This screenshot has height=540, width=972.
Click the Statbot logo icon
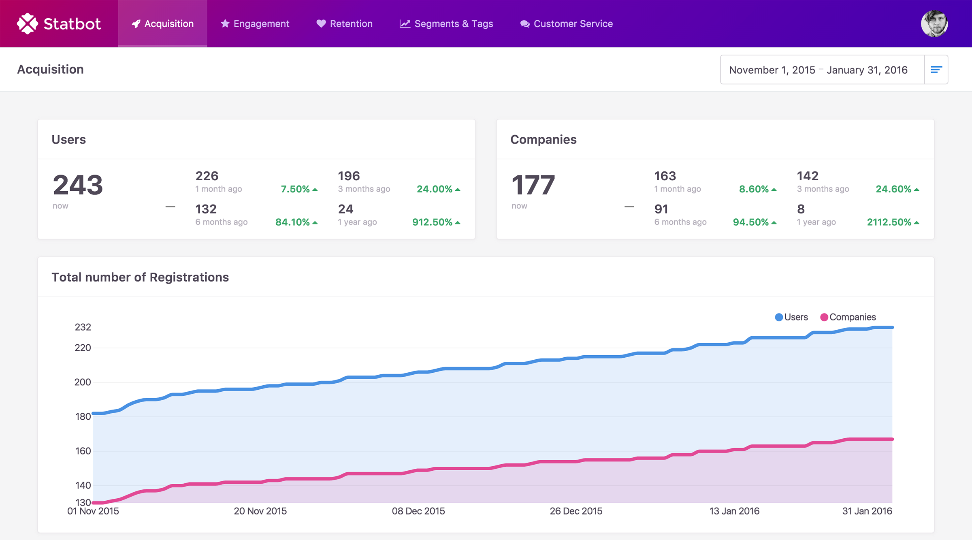pos(27,23)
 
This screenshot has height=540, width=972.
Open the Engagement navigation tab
pos(255,23)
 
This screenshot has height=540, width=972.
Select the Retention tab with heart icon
pos(344,23)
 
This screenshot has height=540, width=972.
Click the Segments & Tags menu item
pos(446,23)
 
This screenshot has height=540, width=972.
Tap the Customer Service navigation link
pos(567,23)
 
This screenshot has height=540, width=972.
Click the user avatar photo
pos(934,23)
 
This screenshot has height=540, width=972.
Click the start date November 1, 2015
pos(772,70)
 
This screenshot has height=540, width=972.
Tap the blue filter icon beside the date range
pos(936,70)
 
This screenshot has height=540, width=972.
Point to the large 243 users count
pos(78,185)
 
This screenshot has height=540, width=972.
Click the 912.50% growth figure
pos(432,222)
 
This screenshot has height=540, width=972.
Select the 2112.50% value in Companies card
pos(889,222)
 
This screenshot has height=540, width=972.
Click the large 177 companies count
pos(533,185)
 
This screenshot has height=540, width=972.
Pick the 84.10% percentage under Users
pos(292,222)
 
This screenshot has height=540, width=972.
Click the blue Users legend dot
pos(778,317)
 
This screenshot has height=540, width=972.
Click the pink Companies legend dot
pos(824,317)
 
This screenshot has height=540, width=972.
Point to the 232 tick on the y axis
pos(83,327)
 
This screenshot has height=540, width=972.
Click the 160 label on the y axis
pos(83,451)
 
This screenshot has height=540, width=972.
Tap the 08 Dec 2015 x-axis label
pos(418,511)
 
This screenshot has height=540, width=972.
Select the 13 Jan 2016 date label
pos(734,511)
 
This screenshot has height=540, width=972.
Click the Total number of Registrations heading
pos(140,277)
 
